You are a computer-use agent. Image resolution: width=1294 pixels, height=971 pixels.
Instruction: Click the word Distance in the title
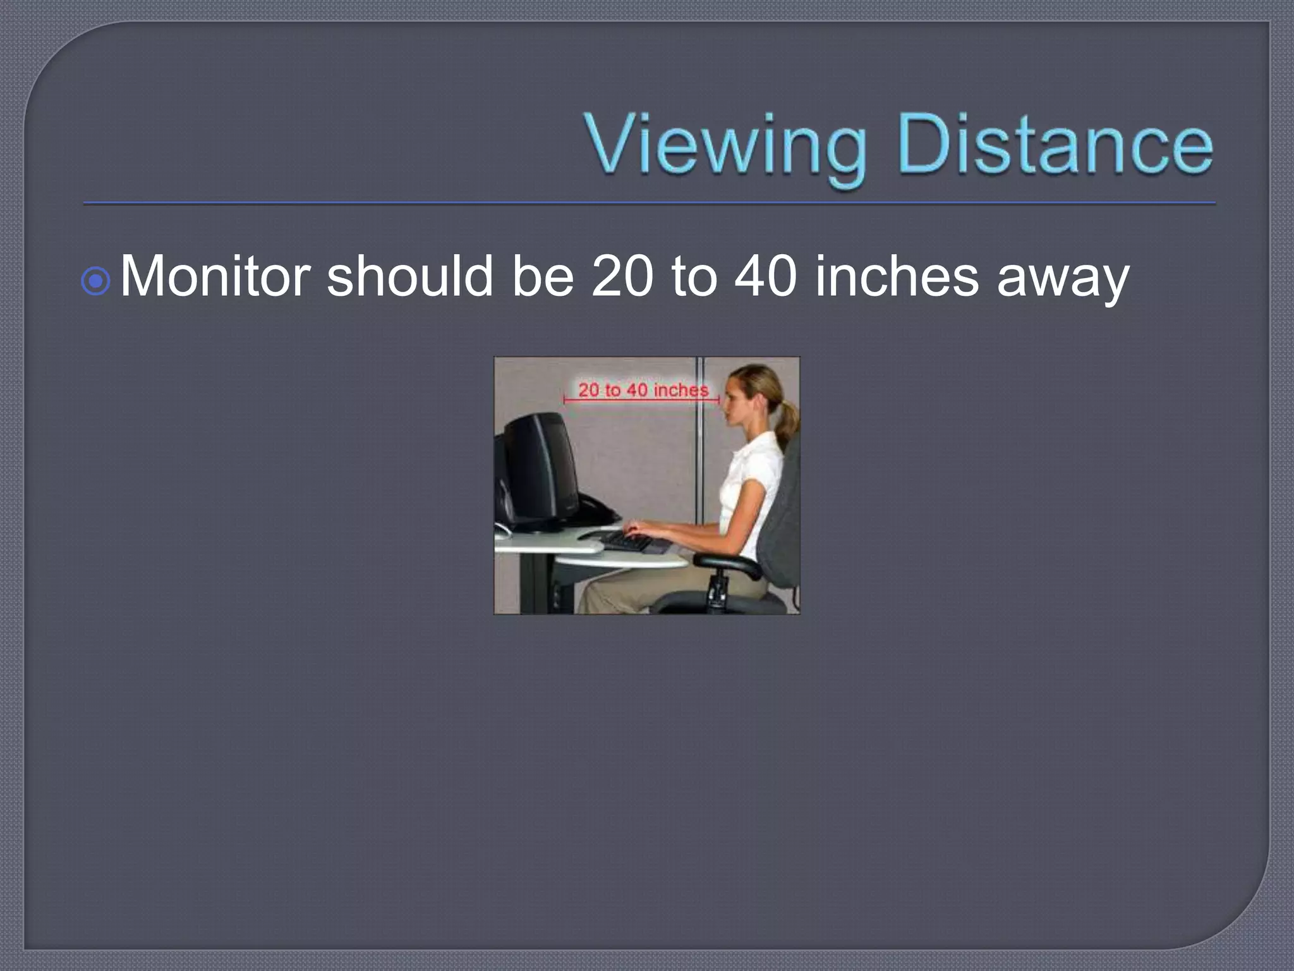click(1054, 147)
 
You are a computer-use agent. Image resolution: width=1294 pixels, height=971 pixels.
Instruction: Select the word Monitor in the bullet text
click(215, 277)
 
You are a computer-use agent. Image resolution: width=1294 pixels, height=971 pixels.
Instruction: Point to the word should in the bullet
click(409, 277)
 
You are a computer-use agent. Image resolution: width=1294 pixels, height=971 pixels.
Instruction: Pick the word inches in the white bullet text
click(897, 277)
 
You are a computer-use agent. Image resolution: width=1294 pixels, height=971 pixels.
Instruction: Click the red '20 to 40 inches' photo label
click(643, 389)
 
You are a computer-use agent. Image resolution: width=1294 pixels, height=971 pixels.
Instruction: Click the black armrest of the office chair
click(727, 563)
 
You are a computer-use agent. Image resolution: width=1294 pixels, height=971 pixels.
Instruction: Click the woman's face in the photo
click(736, 398)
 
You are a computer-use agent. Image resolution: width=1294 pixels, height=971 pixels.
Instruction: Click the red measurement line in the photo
click(641, 400)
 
